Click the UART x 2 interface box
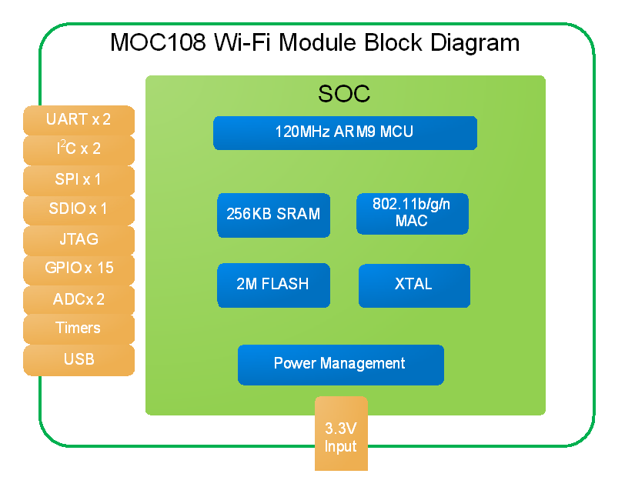79,120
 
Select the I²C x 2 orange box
79,150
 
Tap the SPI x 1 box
79,181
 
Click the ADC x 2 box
79,300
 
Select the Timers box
79,329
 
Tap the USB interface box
79,360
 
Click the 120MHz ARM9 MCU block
345,133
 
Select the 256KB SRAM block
274,215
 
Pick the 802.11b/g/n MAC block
413,214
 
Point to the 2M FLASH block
274,285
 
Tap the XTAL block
414,285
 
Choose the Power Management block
340,365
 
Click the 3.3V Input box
342,434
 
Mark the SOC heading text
344,94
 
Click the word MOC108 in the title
158,42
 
